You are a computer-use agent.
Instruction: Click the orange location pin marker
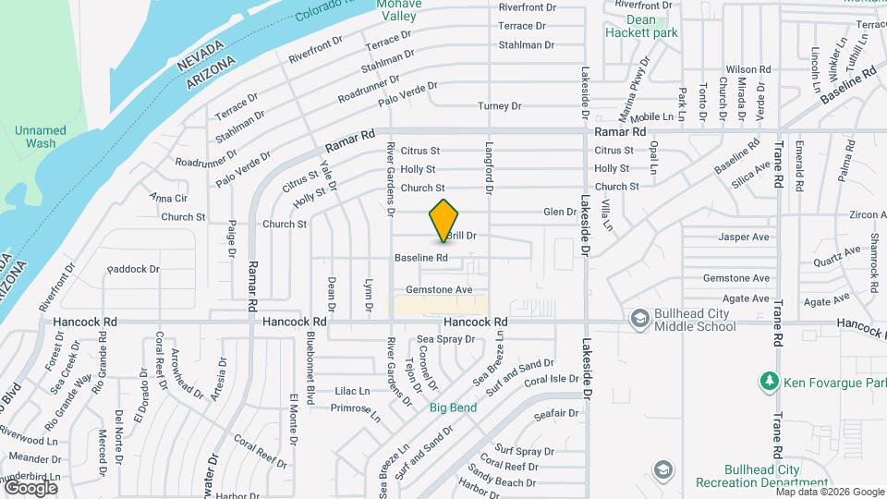tap(444, 221)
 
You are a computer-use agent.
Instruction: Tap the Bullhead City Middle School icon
tap(638, 319)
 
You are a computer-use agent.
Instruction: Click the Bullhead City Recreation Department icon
tap(662, 469)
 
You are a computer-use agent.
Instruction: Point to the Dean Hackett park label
tap(641, 25)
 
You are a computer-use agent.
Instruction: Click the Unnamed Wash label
tap(41, 137)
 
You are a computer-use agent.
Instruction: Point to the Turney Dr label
tap(500, 106)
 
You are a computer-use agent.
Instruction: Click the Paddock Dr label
tap(134, 270)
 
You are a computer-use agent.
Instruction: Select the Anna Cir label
tap(168, 198)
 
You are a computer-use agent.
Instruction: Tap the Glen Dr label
tap(560, 212)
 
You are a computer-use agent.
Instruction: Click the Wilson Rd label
tap(748, 69)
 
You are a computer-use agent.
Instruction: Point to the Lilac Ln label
tap(352, 391)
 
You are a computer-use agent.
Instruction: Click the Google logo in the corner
tap(30, 487)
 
